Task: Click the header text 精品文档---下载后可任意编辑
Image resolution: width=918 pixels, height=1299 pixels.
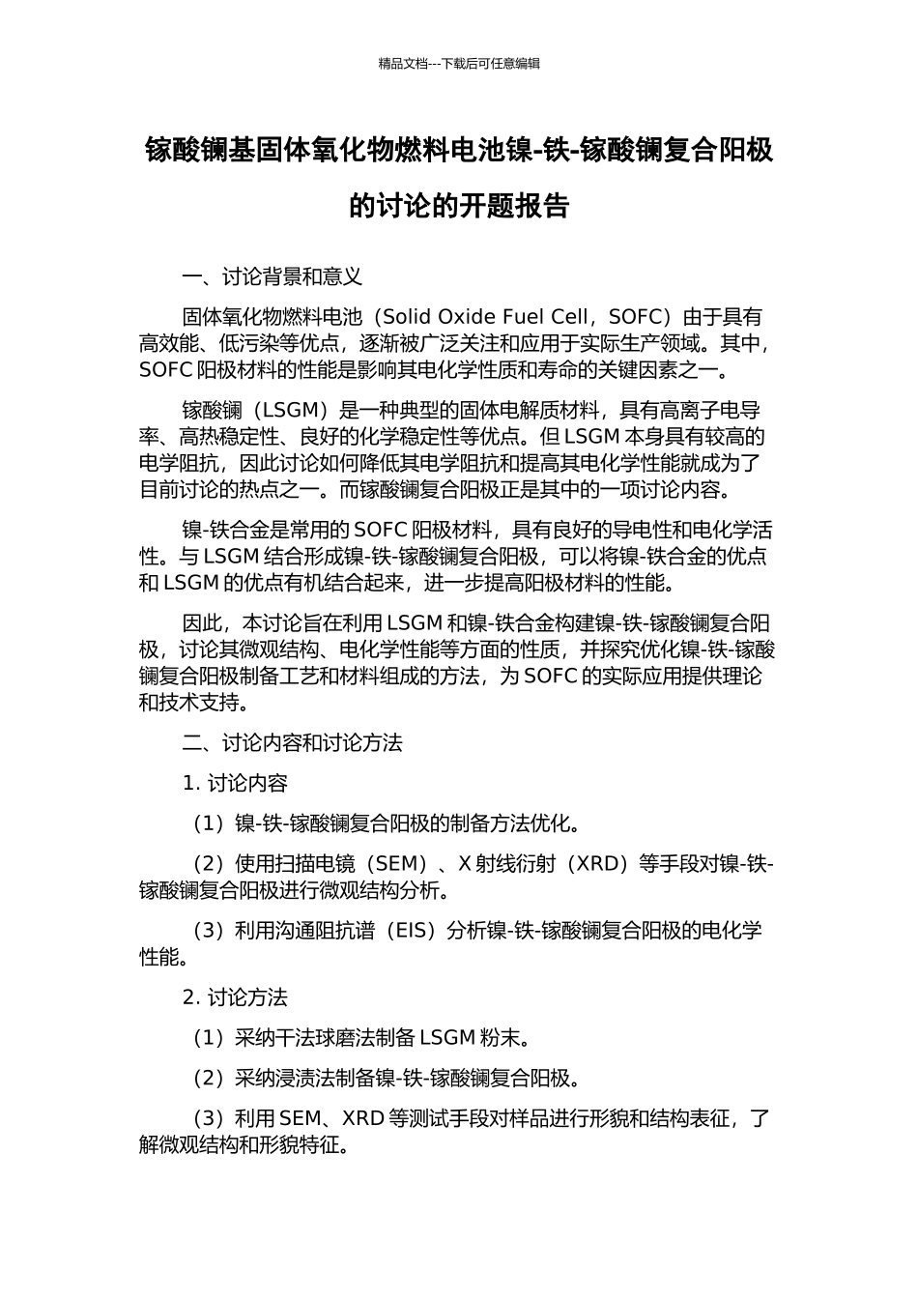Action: tap(459, 64)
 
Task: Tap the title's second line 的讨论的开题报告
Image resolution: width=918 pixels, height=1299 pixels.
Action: tap(459, 206)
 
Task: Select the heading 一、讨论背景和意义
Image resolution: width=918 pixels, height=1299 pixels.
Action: tap(273, 276)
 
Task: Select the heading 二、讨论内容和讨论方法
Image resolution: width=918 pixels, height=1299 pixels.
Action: tap(292, 743)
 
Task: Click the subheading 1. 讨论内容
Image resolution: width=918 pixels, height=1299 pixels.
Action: tap(235, 783)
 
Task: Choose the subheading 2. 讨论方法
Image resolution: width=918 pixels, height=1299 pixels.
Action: tap(235, 997)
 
